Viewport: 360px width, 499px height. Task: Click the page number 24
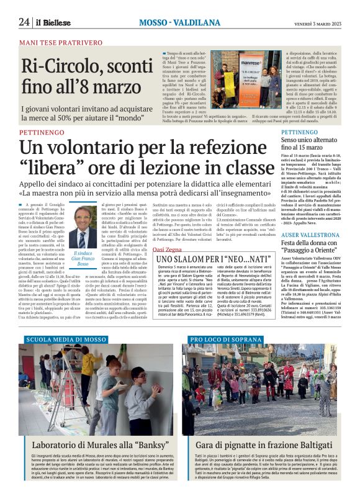[24, 22]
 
